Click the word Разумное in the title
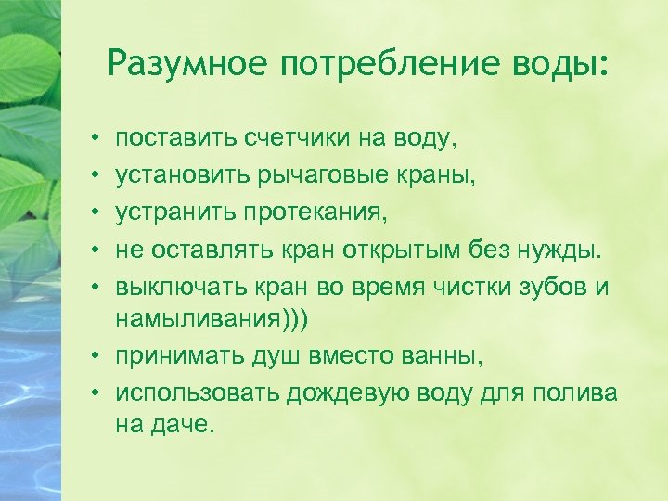click(185, 64)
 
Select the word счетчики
click(286, 139)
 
